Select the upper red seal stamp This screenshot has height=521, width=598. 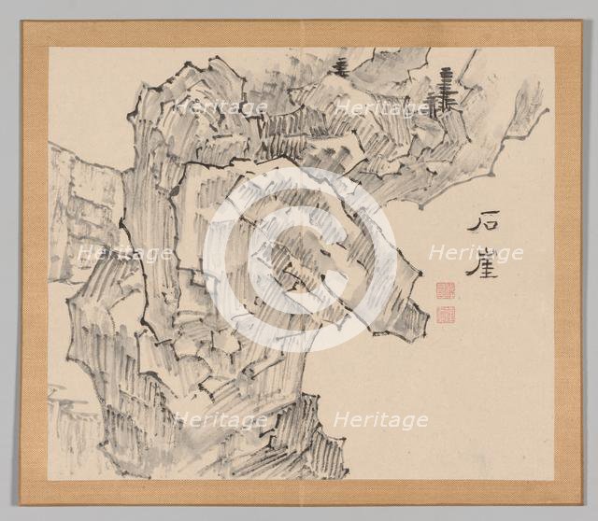coord(445,292)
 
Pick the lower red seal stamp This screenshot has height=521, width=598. coord(445,315)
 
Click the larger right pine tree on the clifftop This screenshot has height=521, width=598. coord(443,92)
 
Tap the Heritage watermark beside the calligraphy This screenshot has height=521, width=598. coord(475,253)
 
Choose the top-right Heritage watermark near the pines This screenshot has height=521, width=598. coord(380,107)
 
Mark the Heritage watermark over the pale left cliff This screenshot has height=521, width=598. coord(123,253)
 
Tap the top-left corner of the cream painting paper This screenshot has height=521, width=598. coord(50,49)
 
